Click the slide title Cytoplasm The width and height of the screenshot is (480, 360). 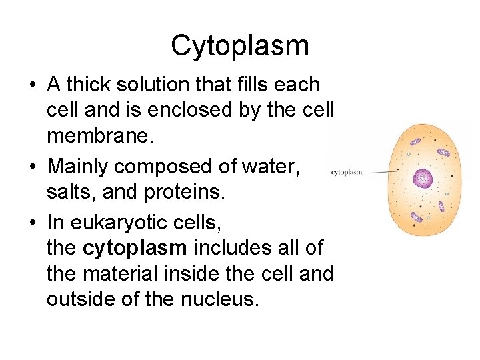click(240, 46)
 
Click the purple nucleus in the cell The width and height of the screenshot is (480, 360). click(423, 178)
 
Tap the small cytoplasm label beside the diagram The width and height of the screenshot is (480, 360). click(346, 172)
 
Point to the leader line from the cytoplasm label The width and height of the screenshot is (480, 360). click(381, 171)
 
